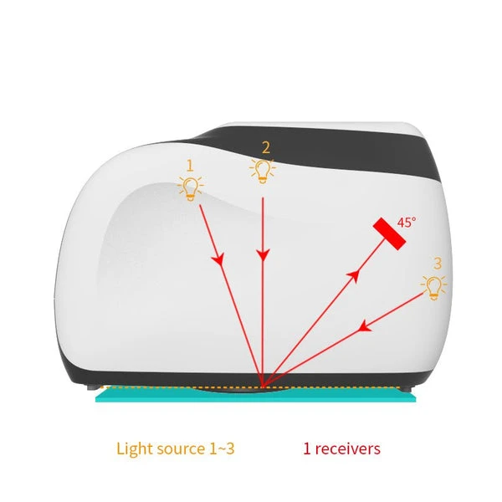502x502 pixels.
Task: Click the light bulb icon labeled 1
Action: click(191, 187)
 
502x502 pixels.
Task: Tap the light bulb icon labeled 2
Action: click(264, 172)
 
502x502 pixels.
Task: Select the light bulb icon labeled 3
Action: click(433, 287)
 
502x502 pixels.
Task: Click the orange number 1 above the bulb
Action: click(189, 165)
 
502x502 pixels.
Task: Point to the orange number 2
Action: click(265, 148)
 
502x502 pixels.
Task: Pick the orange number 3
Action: click(437, 264)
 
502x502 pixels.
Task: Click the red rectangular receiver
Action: click(390, 234)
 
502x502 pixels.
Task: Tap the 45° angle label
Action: click(407, 223)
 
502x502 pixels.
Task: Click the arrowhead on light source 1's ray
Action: click(220, 261)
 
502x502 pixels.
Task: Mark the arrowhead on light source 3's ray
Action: click(364, 327)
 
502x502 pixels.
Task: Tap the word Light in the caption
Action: click(133, 449)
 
